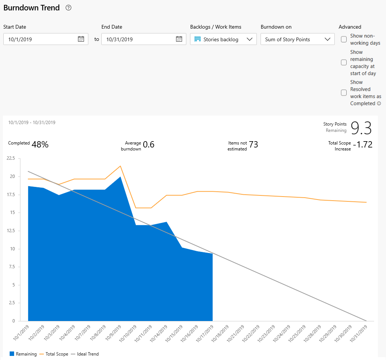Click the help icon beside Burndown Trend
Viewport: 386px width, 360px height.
tap(68, 8)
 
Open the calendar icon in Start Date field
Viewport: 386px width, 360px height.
tap(81, 39)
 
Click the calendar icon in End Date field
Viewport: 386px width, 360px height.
tap(179, 39)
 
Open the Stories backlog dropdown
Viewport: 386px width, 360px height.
tap(223, 39)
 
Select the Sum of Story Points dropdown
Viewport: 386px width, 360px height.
tap(297, 39)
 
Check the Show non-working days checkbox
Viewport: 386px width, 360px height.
tap(344, 39)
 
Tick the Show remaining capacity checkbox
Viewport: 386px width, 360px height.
tap(344, 62)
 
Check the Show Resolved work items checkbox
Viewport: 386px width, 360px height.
tap(344, 93)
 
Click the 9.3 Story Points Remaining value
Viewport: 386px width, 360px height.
tap(361, 128)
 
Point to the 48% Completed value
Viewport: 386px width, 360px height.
tap(40, 145)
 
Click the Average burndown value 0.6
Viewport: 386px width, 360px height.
tap(148, 145)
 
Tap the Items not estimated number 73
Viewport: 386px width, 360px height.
tap(253, 145)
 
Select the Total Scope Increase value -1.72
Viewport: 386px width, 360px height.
tap(363, 145)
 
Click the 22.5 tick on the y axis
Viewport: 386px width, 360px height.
tap(11, 158)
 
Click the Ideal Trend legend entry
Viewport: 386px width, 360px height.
tap(88, 354)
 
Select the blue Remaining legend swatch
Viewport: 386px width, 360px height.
tap(12, 354)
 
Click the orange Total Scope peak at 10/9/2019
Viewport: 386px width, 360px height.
tap(120, 166)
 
